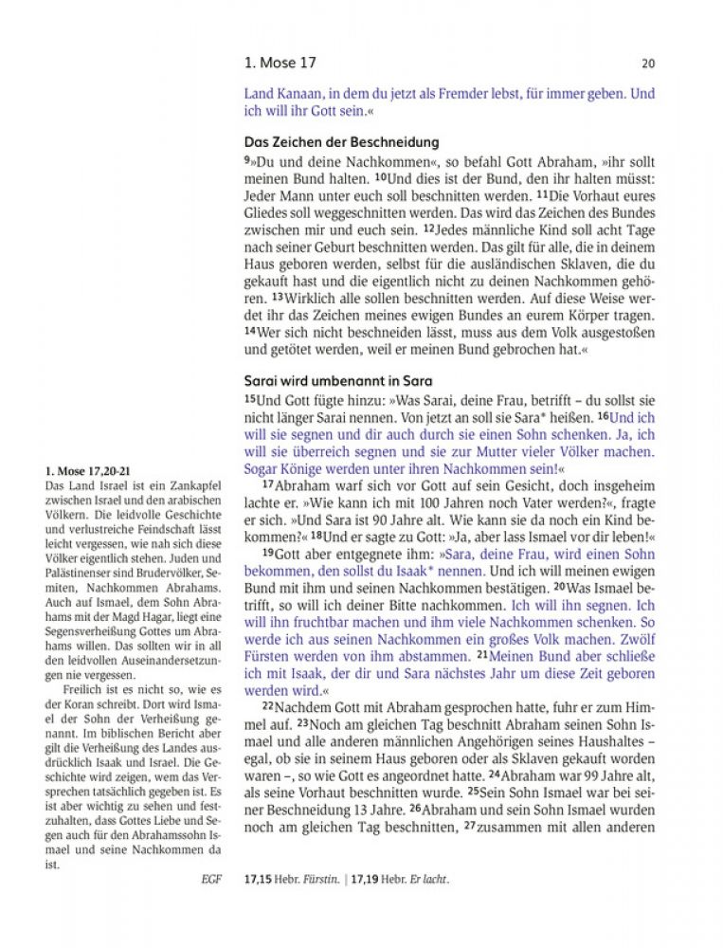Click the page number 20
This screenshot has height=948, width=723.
648,64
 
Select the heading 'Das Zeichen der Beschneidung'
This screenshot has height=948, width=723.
341,142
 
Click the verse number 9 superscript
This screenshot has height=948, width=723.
247,157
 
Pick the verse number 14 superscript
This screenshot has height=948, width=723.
250,331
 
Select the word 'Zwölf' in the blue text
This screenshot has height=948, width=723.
630,638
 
